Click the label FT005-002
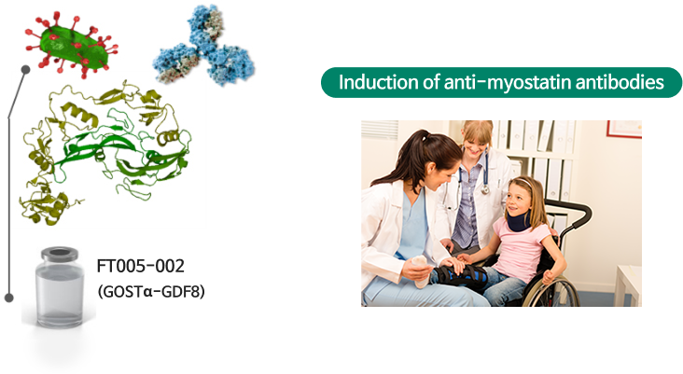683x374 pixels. pos(141,266)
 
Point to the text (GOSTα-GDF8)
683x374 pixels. pos(151,291)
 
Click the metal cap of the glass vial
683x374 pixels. pos(60,254)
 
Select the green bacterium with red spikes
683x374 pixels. pos(72,45)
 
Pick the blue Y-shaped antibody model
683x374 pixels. pos(203,46)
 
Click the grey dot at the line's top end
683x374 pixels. pos(26,70)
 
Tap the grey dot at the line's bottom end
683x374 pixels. pos(9,298)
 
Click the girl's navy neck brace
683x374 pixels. pos(519,221)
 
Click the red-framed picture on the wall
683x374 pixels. pos(624,130)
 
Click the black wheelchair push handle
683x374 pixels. pos(575,214)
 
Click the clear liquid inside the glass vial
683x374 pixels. pos(59,295)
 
